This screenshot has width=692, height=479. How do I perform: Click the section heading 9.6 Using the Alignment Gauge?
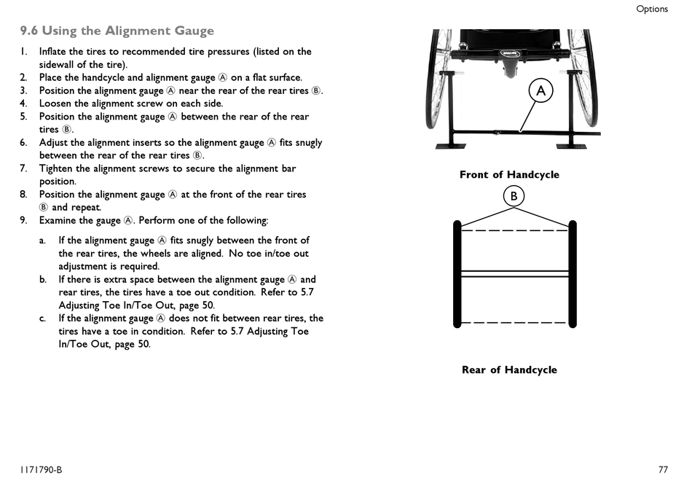117,31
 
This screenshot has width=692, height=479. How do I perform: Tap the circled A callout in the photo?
540,90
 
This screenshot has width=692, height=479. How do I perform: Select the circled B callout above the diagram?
514,195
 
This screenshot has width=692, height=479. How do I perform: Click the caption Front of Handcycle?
509,174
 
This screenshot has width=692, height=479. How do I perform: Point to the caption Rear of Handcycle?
509,370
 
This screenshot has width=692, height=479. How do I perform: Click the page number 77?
663,470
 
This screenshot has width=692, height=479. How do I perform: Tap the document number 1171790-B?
41,470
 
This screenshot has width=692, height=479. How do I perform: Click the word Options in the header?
652,9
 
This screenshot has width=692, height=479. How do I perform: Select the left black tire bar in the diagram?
457,274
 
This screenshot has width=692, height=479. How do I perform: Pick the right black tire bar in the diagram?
573,274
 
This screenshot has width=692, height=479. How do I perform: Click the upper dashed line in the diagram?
514,230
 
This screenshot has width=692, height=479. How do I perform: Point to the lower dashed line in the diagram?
514,322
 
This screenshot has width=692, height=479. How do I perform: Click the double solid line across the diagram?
514,273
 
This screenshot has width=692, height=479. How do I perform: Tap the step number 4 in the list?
23,104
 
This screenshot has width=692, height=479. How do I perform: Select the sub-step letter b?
42,279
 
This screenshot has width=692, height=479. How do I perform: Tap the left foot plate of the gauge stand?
452,146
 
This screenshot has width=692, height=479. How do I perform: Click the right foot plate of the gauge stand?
573,146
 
